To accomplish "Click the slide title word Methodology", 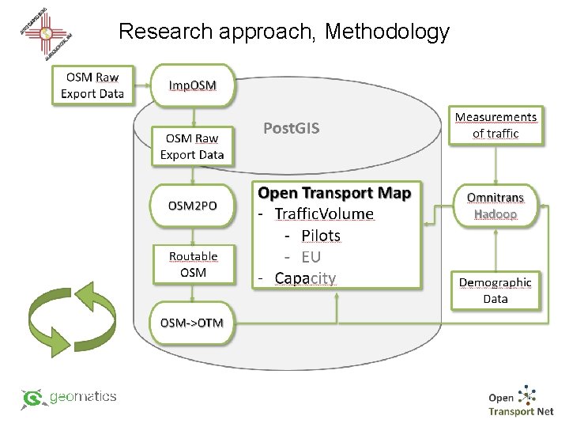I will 386,32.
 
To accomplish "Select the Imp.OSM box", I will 193,85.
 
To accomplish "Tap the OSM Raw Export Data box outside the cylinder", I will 92,85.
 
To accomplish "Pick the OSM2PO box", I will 193,206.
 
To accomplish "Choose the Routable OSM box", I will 193,264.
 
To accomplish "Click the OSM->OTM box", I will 193,323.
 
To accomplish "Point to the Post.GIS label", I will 291,128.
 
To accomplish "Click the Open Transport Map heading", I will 334,193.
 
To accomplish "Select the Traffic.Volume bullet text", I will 323,213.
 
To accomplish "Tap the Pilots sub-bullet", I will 321,236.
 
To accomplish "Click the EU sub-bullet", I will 311,257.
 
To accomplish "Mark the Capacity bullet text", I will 305,278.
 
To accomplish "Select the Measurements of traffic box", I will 496,125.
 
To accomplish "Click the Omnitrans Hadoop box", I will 496,205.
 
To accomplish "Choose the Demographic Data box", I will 496,290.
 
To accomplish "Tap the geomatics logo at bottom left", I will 70,398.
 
